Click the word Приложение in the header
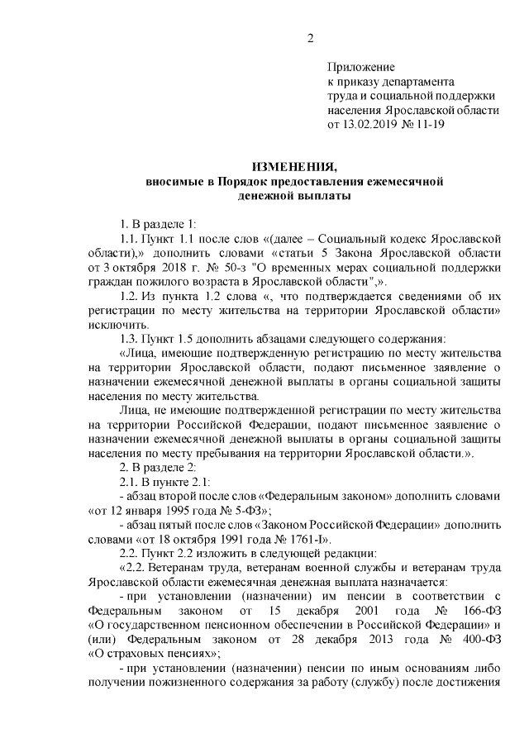[x=361, y=67]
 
